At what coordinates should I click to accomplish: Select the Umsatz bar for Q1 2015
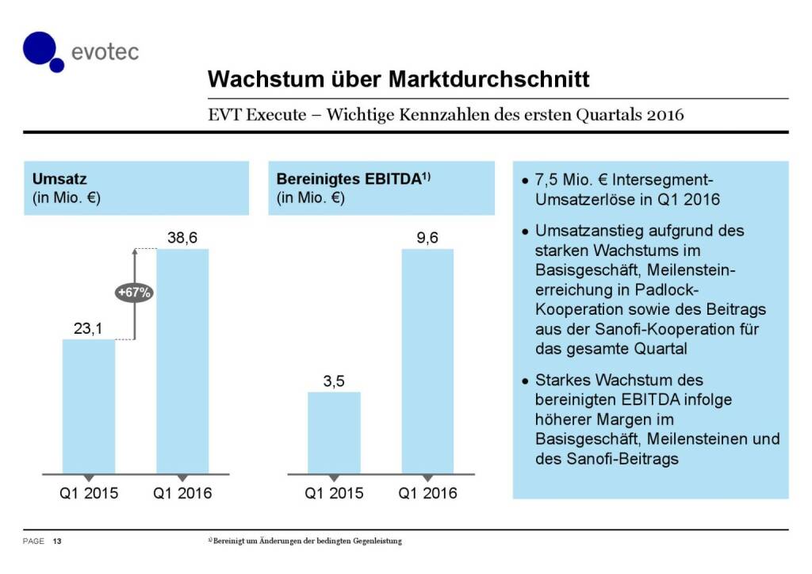(x=89, y=406)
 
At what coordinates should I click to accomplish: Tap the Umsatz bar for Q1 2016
(x=182, y=361)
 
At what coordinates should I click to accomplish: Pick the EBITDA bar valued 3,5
(x=334, y=432)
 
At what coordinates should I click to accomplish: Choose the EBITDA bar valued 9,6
(x=427, y=361)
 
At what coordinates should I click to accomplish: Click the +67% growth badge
(x=134, y=292)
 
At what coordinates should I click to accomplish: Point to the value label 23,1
(x=89, y=326)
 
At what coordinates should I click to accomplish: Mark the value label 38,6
(x=182, y=236)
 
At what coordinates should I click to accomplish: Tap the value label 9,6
(x=427, y=236)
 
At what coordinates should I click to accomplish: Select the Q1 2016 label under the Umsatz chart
(x=182, y=493)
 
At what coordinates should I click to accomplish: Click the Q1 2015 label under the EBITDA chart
(x=334, y=493)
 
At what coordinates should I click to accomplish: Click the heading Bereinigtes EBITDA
(x=347, y=180)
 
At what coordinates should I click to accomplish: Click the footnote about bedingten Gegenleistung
(x=304, y=541)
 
